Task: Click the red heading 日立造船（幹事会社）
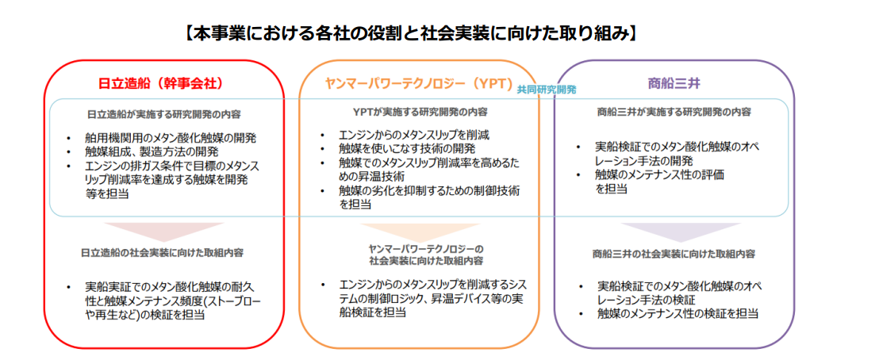(160, 82)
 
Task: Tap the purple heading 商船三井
(672, 82)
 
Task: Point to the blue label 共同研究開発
(547, 90)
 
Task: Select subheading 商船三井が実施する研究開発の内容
(674, 112)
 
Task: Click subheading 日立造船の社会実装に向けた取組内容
(162, 253)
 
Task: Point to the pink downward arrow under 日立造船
(164, 229)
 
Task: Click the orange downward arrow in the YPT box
(420, 229)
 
